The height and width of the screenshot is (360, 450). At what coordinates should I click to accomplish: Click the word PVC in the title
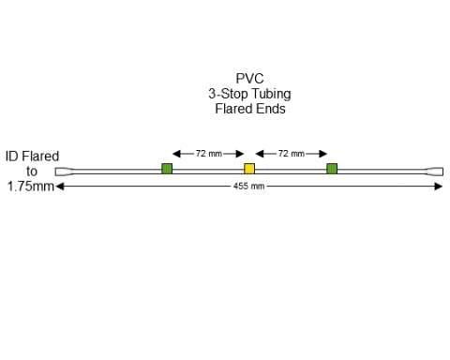click(249, 79)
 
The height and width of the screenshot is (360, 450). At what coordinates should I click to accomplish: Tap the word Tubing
click(269, 94)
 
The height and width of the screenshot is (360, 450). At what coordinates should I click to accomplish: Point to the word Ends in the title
click(270, 109)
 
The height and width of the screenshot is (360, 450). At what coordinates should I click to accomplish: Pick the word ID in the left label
click(12, 157)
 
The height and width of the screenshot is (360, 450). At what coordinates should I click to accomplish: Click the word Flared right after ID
click(41, 157)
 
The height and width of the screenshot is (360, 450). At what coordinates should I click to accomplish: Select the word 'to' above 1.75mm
click(32, 172)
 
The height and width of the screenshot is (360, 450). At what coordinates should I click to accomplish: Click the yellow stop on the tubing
click(249, 169)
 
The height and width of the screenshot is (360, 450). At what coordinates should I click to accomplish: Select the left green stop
click(167, 169)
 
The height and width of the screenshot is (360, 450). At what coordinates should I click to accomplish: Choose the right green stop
click(332, 169)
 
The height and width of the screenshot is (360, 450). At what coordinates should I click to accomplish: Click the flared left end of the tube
click(62, 172)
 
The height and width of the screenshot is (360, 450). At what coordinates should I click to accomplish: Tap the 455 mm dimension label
click(249, 187)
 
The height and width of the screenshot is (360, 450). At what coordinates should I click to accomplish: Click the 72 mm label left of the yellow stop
click(208, 153)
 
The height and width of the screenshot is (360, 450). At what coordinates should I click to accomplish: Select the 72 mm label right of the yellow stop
click(292, 153)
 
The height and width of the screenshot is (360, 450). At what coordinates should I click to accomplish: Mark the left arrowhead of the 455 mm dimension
click(60, 186)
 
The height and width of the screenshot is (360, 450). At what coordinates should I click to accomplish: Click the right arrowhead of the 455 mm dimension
click(439, 186)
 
